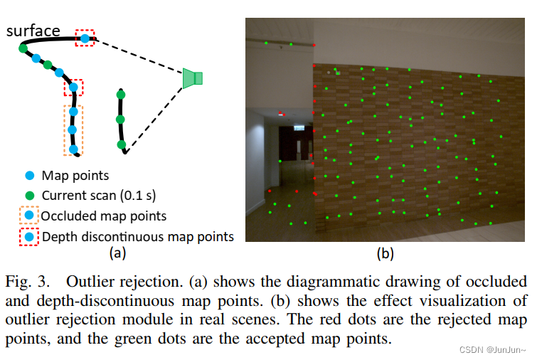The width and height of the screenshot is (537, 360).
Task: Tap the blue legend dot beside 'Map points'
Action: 29,175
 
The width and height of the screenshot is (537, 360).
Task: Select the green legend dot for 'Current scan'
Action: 29,195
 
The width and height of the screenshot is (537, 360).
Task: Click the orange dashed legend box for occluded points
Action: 29,216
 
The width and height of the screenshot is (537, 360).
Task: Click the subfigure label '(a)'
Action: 117,252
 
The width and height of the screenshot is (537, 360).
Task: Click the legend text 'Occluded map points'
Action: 104,216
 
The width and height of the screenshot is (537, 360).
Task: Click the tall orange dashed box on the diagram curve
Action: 73,129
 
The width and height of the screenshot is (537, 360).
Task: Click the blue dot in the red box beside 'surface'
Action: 85,38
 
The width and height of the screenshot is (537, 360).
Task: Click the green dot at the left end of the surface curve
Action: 23,48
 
